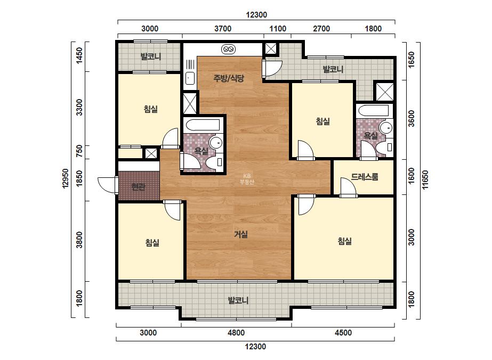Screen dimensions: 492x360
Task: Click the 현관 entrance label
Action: click(139, 187)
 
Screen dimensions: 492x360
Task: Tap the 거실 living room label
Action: click(241, 234)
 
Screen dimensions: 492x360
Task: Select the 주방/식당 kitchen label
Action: click(229, 78)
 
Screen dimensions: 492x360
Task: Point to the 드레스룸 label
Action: click(364, 177)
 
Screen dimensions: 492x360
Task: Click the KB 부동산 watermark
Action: click(247, 179)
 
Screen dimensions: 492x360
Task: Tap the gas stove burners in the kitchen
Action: click(229, 49)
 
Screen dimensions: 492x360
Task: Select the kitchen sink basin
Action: click(190, 78)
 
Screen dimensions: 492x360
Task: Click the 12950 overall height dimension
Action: click(65, 178)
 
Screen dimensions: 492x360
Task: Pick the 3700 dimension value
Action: click(223, 29)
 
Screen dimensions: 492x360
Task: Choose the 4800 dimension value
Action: click(236, 333)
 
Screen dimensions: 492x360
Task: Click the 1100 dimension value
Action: click(278, 29)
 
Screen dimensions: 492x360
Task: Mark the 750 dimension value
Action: click(79, 151)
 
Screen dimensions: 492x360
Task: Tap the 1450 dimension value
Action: click(79, 55)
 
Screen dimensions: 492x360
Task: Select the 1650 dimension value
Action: click(412, 59)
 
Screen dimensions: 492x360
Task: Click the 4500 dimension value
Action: click(343, 333)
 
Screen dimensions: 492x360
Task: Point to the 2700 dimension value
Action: click(321, 29)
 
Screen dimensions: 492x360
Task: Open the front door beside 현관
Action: click(107, 185)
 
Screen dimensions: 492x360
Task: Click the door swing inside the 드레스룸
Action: click(348, 187)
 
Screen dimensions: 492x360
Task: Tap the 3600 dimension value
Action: click(412, 118)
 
